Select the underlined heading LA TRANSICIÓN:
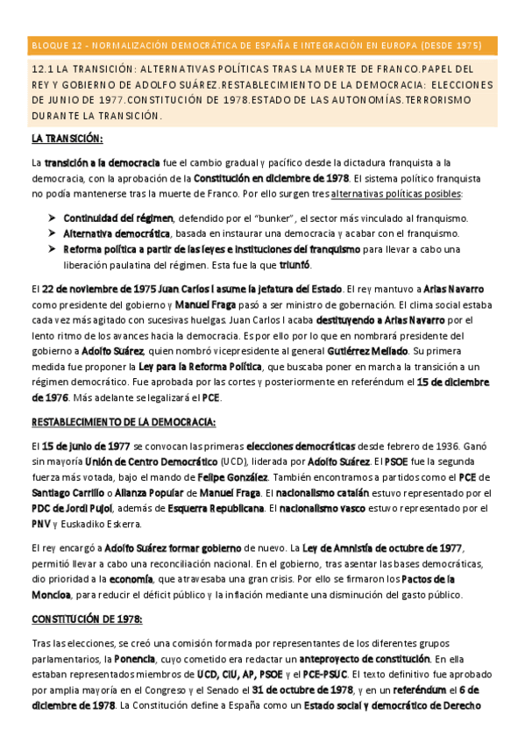click(67, 139)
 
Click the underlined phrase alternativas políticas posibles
click(397, 193)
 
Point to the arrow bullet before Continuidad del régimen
click(54, 218)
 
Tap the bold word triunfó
click(294, 265)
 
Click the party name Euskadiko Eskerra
click(104, 525)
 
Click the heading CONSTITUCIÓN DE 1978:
click(87, 619)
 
